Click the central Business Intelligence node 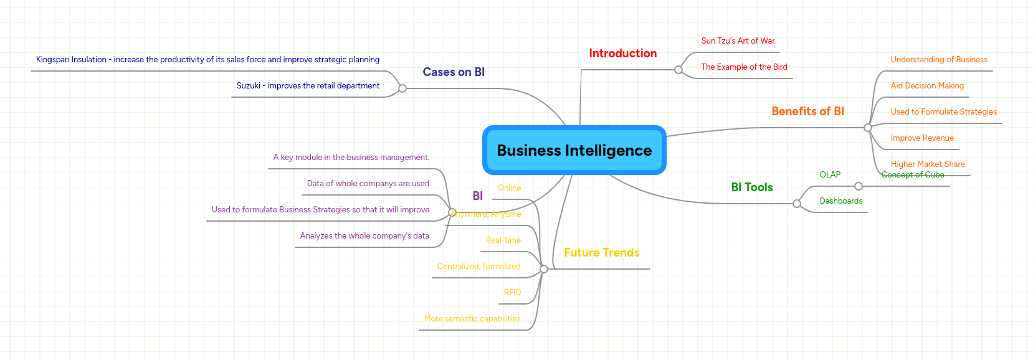574,151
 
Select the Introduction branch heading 622,54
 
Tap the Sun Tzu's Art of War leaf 738,41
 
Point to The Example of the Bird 744,67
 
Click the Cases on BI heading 453,72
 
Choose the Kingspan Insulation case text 207,60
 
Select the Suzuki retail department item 308,86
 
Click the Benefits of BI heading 807,111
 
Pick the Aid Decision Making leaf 926,86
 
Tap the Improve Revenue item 921,138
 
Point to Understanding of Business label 938,60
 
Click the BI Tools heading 751,187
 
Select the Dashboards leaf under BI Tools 840,201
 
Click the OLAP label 829,175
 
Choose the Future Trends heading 601,253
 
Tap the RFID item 512,293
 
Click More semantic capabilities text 472,319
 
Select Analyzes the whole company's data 364,236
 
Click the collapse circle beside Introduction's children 678,70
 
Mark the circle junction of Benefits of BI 867,128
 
